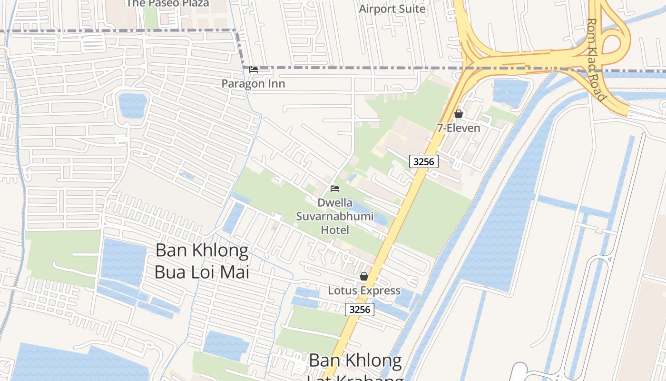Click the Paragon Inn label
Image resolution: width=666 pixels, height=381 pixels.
(253, 84)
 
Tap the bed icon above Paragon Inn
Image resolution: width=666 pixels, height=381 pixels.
(254, 70)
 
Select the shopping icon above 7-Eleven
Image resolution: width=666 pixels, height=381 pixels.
(459, 114)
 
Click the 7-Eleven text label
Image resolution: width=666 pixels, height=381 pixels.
(459, 128)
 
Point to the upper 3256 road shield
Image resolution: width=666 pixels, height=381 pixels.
(423, 161)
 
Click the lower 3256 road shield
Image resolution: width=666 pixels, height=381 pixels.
(360, 310)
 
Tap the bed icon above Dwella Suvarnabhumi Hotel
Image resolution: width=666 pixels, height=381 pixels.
(335, 189)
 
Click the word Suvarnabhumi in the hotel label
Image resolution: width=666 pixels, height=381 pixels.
(335, 216)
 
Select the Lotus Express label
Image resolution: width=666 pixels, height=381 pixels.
(364, 291)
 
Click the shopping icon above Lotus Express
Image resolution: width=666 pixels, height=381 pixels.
(364, 276)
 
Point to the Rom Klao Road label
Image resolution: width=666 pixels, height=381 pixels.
(597, 60)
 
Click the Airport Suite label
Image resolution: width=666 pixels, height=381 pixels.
(392, 9)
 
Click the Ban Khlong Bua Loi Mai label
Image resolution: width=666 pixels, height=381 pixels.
(202, 261)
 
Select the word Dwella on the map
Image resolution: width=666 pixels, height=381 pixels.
(335, 203)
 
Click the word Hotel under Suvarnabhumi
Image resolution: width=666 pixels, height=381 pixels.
(335, 230)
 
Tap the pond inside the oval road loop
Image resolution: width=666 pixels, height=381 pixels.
(132, 105)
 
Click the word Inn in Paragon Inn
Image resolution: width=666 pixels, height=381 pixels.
(276, 84)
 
